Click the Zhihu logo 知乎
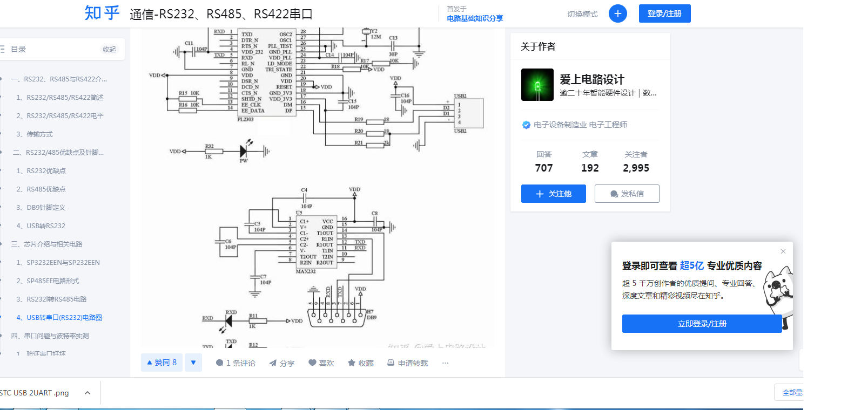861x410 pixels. point(102,13)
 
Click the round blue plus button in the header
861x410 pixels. point(617,13)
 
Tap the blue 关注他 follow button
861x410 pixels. point(553,194)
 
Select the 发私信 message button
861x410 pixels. point(627,194)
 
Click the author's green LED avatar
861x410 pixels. point(537,85)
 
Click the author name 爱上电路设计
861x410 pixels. point(591,79)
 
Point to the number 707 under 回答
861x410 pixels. point(543,168)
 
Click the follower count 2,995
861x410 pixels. point(636,168)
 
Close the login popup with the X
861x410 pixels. point(783,251)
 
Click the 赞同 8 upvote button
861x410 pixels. point(162,363)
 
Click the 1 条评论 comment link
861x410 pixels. point(236,363)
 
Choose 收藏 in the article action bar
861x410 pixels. point(361,363)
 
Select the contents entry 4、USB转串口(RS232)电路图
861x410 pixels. point(64,318)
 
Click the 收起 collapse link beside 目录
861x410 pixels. point(109,49)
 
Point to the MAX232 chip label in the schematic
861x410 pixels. point(306,271)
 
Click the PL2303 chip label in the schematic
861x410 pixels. point(245,119)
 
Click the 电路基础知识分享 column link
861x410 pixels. point(475,18)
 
